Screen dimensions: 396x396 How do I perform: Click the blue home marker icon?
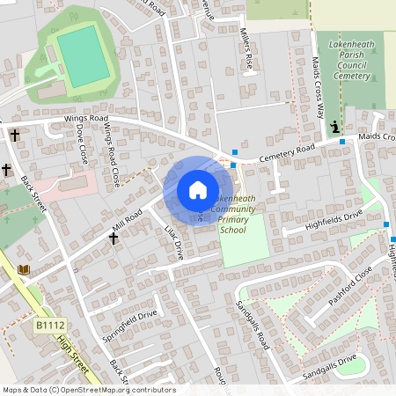click(x=198, y=190)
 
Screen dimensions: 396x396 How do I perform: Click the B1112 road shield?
click(x=51, y=326)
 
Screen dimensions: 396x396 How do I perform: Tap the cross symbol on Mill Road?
click(x=114, y=237)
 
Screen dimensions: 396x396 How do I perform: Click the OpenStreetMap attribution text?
click(x=88, y=390)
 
